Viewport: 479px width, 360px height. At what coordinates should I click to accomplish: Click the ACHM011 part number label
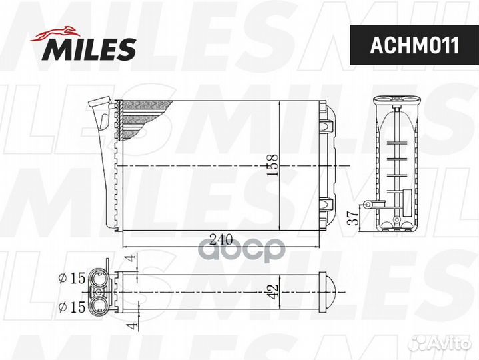[x=414, y=45]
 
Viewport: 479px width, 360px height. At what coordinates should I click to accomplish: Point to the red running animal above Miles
[x=55, y=34]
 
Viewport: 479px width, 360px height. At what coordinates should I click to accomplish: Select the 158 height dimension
[x=272, y=165]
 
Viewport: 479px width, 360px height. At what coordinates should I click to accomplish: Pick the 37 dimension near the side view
[x=354, y=218]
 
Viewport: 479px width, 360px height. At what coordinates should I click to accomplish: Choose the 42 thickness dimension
[x=272, y=292]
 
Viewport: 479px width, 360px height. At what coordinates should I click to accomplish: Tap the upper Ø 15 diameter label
[x=72, y=278]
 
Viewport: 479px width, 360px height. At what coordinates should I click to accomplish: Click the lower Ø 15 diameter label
[x=72, y=307]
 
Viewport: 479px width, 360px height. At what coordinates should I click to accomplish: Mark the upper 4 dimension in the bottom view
[x=131, y=257]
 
